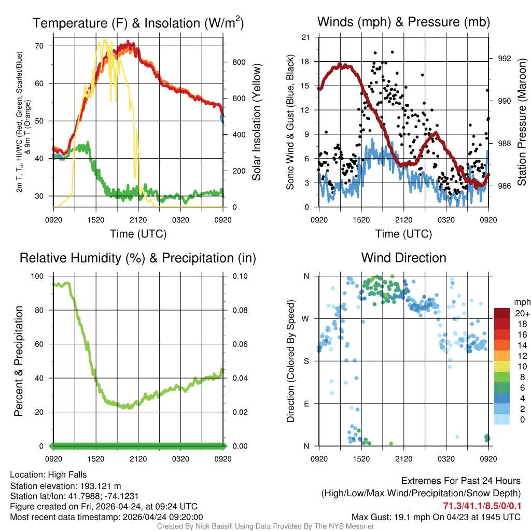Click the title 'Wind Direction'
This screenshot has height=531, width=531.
[x=403, y=258]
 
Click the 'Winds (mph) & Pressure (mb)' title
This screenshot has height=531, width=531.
[x=403, y=22]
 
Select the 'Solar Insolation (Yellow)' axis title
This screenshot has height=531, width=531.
[x=256, y=122]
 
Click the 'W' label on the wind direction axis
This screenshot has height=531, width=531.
[x=306, y=318]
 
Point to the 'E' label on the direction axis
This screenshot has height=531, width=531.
[x=307, y=403]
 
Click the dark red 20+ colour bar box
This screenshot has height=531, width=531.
[x=502, y=313]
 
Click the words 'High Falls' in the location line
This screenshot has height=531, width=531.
[x=67, y=474]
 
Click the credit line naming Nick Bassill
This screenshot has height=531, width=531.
[x=265, y=526]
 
